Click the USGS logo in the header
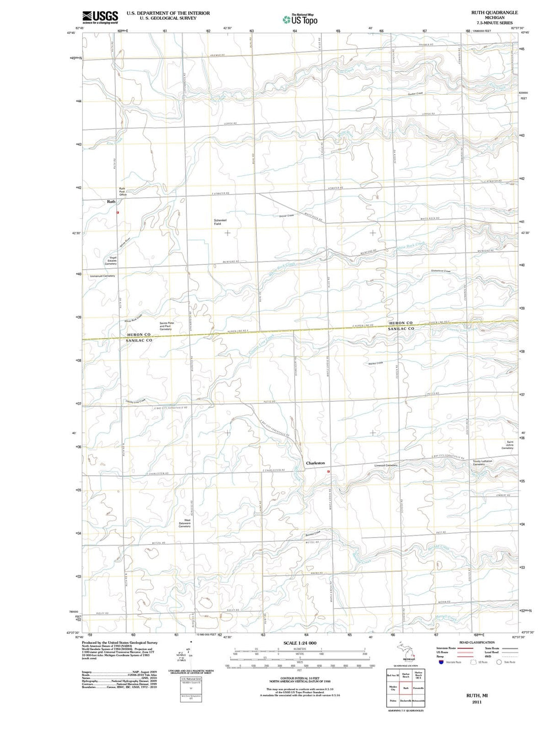point(100,17)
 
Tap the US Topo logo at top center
point(300,19)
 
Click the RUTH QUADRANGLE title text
point(494,12)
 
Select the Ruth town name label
point(111,202)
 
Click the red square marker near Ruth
point(118,213)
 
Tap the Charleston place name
point(315,463)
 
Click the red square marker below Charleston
point(329,472)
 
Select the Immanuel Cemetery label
point(103,276)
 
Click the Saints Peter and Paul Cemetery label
point(166,326)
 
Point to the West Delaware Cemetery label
point(185,523)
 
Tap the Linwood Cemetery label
point(386,465)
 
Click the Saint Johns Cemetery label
point(507,445)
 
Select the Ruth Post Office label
point(122,192)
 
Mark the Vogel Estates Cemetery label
point(111,260)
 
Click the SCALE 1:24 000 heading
point(299,643)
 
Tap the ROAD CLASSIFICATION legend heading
point(477,642)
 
